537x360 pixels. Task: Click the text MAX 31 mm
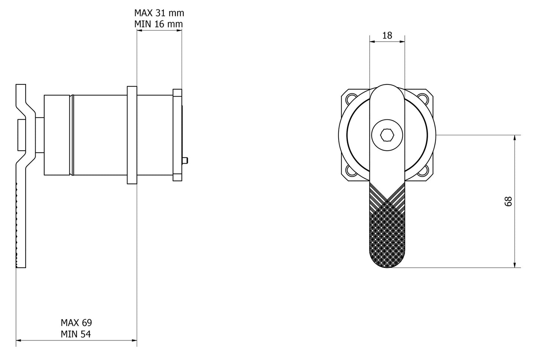tap(159, 13)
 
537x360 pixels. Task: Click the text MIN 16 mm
tap(159, 24)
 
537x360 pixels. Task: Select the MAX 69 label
tap(76, 322)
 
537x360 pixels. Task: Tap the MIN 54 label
tap(76, 334)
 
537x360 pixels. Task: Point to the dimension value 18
tap(387, 35)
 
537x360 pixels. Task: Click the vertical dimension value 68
tap(508, 201)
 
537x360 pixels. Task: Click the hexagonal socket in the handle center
tap(387, 136)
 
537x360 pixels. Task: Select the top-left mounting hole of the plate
tap(350, 99)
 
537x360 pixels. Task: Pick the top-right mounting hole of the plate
tap(424, 99)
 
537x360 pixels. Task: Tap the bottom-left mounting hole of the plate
tap(350, 172)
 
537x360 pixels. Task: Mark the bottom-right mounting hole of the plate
tap(424, 172)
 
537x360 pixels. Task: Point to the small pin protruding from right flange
tap(186, 160)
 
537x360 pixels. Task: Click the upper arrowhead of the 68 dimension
tap(515, 138)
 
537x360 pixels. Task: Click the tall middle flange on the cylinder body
tap(132, 135)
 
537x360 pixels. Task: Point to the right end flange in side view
tap(177, 135)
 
